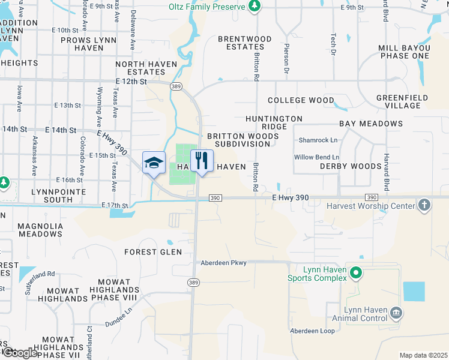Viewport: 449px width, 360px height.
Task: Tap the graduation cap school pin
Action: (x=154, y=162)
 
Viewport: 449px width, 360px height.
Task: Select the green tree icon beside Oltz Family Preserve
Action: (x=255, y=6)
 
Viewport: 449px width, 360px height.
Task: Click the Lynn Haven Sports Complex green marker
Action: (x=356, y=274)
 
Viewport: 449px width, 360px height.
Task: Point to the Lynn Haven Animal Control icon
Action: (x=396, y=313)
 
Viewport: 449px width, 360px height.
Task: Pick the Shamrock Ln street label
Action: (x=316, y=140)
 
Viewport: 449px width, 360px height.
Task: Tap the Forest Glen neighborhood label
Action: (x=153, y=252)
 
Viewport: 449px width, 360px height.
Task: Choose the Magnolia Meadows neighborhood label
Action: (x=41, y=230)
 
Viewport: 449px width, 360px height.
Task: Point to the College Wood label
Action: (x=301, y=100)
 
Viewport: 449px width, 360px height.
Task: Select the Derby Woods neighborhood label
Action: (x=351, y=166)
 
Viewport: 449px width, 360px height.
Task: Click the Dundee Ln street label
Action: (x=119, y=317)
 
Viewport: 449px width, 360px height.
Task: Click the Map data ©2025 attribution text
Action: (x=423, y=355)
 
